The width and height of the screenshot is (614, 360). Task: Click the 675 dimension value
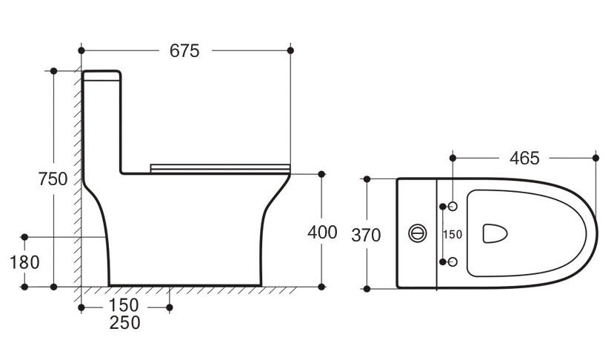pyautogui.click(x=184, y=50)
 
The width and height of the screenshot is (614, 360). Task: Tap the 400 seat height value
pyautogui.click(x=322, y=232)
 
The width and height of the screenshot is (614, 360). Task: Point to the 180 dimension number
pyautogui.click(x=24, y=262)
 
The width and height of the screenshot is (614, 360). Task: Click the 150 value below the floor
pyautogui.click(x=123, y=305)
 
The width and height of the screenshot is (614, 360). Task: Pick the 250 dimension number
pyautogui.click(x=124, y=323)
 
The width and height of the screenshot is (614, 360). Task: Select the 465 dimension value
pyautogui.click(x=524, y=158)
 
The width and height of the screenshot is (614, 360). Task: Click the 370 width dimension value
pyautogui.click(x=366, y=236)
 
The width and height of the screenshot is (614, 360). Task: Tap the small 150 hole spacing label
pyautogui.click(x=453, y=234)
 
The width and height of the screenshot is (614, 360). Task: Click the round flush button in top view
pyautogui.click(x=418, y=233)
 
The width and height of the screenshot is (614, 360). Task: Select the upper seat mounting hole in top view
pyautogui.click(x=453, y=205)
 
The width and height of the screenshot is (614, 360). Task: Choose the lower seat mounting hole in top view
pyautogui.click(x=453, y=261)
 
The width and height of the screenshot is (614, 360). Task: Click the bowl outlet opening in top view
pyautogui.click(x=495, y=233)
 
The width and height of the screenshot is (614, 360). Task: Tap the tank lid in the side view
pyautogui.click(x=101, y=74)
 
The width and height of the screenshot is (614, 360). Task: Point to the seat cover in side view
pyautogui.click(x=220, y=167)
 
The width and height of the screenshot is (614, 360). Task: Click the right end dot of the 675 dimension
pyautogui.click(x=290, y=50)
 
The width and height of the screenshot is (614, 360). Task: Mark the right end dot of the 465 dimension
pyautogui.click(x=596, y=157)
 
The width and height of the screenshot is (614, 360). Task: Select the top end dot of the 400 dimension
pyautogui.click(x=321, y=174)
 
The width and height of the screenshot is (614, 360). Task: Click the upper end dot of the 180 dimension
pyautogui.click(x=24, y=237)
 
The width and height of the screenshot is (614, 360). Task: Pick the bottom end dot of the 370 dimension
pyautogui.click(x=366, y=287)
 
